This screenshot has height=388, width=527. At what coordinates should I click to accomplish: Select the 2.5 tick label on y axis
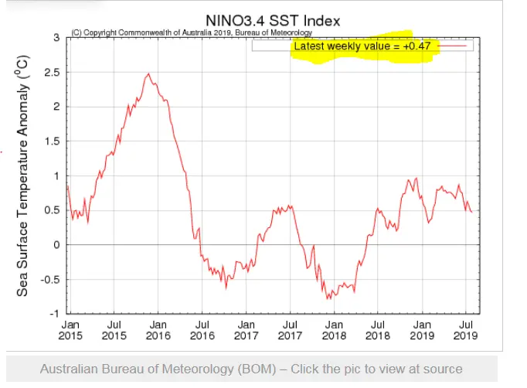coord(51,72)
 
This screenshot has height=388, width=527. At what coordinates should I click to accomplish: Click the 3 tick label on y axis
coord(56,37)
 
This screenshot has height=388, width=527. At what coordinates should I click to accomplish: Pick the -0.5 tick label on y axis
coord(49,280)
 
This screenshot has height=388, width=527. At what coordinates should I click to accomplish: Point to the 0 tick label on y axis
coord(56,245)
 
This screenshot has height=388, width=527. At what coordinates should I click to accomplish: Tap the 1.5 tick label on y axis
coord(51,141)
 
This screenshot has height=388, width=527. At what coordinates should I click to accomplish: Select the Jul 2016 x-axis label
coord(201,330)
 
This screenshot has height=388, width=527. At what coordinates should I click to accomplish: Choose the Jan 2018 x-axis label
coord(334,330)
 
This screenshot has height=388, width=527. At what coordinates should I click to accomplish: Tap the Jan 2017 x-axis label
coord(246,330)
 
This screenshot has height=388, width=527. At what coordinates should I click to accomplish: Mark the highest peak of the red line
coord(148,73)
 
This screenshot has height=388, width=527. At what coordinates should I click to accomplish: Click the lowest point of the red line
coord(328,298)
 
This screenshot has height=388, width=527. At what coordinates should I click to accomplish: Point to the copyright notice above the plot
coord(192,32)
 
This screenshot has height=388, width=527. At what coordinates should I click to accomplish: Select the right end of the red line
coord(471,212)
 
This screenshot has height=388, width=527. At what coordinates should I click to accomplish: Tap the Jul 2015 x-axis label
coord(114,330)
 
